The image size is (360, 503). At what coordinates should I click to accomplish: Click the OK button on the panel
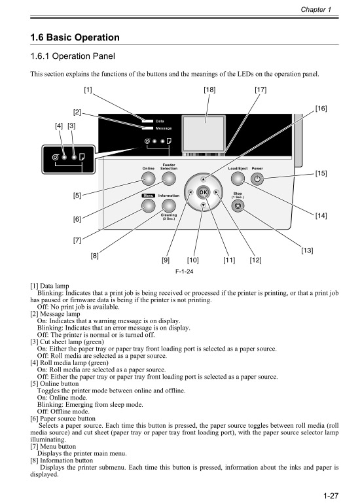point(203,192)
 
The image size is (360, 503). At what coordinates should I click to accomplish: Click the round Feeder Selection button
point(169,179)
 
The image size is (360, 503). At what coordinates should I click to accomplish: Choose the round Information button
point(169,205)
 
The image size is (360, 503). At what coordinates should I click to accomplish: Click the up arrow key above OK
point(203,178)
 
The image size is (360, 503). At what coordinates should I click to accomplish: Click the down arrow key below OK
point(203,205)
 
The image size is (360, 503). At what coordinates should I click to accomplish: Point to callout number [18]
point(209,89)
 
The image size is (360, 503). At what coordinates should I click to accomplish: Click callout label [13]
point(306,251)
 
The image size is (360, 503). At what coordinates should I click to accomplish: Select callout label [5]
point(77,196)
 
